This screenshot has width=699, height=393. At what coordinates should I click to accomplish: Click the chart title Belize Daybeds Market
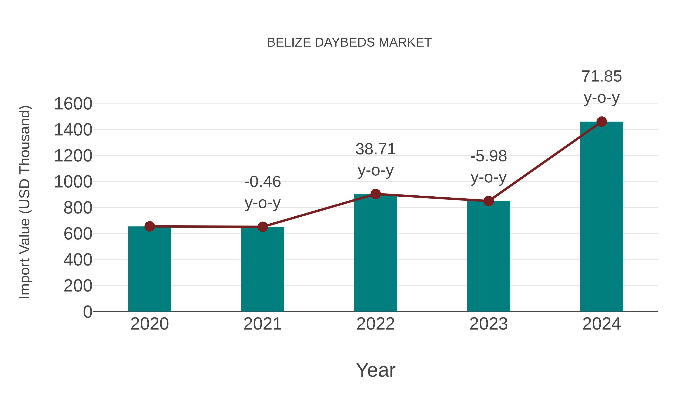349,43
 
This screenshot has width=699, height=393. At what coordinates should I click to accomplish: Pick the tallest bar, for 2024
602,217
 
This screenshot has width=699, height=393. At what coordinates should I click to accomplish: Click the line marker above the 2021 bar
262,227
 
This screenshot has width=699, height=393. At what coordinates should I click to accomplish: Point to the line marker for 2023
489,201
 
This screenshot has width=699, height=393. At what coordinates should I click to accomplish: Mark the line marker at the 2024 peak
602,122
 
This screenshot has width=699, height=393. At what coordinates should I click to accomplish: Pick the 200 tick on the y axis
78,286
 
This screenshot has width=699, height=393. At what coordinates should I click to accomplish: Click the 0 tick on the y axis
87,312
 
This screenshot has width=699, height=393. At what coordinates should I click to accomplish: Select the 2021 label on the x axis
262,324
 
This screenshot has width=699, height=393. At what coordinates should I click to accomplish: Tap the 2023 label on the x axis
489,324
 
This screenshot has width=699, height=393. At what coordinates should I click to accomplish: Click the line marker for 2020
150,226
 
